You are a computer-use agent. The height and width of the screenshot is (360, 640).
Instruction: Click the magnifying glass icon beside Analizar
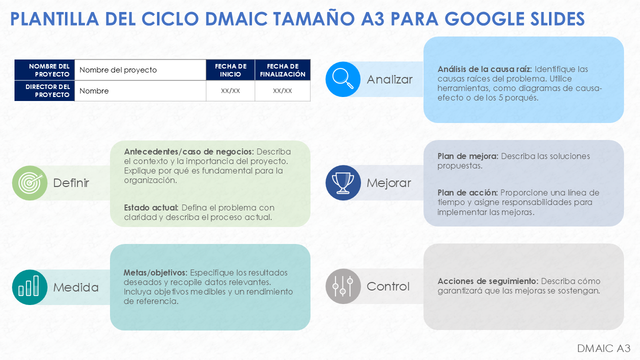tap(343, 79)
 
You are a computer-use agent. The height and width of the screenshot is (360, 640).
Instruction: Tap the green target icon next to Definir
tap(29, 183)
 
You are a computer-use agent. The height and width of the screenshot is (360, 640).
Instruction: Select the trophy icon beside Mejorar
tap(343, 183)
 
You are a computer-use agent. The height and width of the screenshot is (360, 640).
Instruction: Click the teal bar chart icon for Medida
tap(29, 287)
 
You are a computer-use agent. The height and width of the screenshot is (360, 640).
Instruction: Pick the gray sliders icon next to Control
tap(343, 286)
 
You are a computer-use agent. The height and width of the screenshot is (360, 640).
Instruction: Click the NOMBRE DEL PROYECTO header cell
tap(44, 70)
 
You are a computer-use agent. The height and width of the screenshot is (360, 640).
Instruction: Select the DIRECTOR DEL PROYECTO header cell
tap(44, 91)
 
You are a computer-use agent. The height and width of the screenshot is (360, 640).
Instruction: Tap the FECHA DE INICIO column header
tap(230, 70)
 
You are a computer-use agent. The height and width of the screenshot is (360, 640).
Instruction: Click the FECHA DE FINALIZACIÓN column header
tap(282, 70)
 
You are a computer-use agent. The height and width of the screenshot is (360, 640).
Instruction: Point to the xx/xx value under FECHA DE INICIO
tap(230, 91)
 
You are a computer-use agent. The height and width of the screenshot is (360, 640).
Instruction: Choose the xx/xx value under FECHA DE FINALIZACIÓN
tap(282, 91)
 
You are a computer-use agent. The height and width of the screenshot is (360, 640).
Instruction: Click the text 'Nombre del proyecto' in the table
tap(118, 70)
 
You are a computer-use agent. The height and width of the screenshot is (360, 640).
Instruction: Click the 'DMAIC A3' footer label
tap(603, 348)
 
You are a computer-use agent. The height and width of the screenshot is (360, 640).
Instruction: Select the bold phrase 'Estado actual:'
tap(151, 207)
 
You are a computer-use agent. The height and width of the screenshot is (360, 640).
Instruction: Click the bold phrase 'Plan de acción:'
tap(467, 193)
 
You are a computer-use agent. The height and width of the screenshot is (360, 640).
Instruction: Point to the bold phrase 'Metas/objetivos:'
tap(155, 273)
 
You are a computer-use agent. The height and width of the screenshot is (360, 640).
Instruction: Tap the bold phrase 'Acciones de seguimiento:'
tap(487, 281)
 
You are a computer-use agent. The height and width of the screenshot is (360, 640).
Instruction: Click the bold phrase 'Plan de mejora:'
tap(467, 156)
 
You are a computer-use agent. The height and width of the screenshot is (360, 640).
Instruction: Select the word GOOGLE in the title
tap(484, 19)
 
